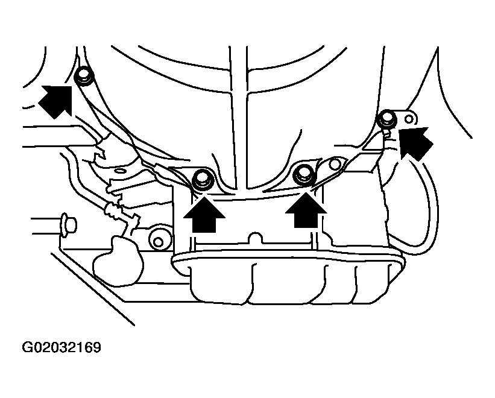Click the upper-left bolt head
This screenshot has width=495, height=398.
[84, 76]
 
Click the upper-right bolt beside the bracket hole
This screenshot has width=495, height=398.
[387, 119]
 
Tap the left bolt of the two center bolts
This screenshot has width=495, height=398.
[203, 179]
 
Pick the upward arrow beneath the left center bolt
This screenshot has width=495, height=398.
[204, 214]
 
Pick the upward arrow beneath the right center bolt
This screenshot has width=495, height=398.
[306, 210]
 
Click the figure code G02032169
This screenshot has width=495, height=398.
[61, 347]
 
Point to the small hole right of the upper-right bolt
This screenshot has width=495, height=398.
[409, 119]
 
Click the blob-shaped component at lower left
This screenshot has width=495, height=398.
[118, 261]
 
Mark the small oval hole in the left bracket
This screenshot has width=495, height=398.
[120, 171]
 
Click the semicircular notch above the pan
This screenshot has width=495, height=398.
[255, 238]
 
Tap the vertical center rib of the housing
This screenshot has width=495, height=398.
[239, 120]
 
